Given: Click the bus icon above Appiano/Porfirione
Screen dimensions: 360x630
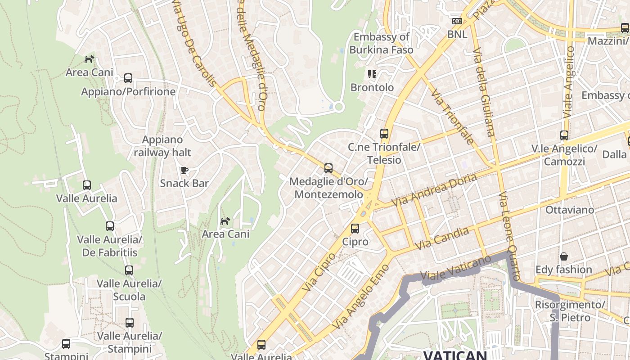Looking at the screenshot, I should pyautogui.click(x=128, y=78).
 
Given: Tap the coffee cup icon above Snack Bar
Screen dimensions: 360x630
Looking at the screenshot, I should pyautogui.click(x=184, y=170).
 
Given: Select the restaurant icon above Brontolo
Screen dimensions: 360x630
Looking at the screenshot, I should pyautogui.click(x=372, y=74).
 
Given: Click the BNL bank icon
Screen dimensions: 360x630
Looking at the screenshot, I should pyautogui.click(x=457, y=21).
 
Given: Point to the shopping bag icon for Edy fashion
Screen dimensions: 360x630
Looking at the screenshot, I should pyautogui.click(x=563, y=257).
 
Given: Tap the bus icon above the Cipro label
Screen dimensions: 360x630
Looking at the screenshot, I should pyautogui.click(x=355, y=229).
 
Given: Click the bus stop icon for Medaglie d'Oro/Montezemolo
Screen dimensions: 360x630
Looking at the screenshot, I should pyautogui.click(x=328, y=168).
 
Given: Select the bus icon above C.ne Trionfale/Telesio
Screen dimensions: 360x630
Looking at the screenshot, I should pyautogui.click(x=384, y=134).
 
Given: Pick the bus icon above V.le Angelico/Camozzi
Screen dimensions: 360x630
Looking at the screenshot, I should pyautogui.click(x=564, y=135).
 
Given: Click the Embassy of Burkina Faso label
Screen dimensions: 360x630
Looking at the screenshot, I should pyautogui.click(x=381, y=43).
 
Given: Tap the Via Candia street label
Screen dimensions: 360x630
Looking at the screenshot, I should pyautogui.click(x=442, y=238).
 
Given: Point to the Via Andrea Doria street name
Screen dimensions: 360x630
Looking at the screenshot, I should pyautogui.click(x=434, y=190).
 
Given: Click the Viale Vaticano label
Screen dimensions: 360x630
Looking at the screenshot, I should pyautogui.click(x=455, y=269).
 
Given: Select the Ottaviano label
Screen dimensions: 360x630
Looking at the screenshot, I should pyautogui.click(x=569, y=210).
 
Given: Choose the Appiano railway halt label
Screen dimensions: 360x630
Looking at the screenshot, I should pyautogui.click(x=162, y=146).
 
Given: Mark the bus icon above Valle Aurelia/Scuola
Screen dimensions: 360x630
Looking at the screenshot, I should pyautogui.click(x=129, y=270).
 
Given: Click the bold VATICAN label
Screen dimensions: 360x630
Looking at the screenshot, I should pyautogui.click(x=454, y=355).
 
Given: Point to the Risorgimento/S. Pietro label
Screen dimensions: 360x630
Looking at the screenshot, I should pyautogui.click(x=569, y=311).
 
